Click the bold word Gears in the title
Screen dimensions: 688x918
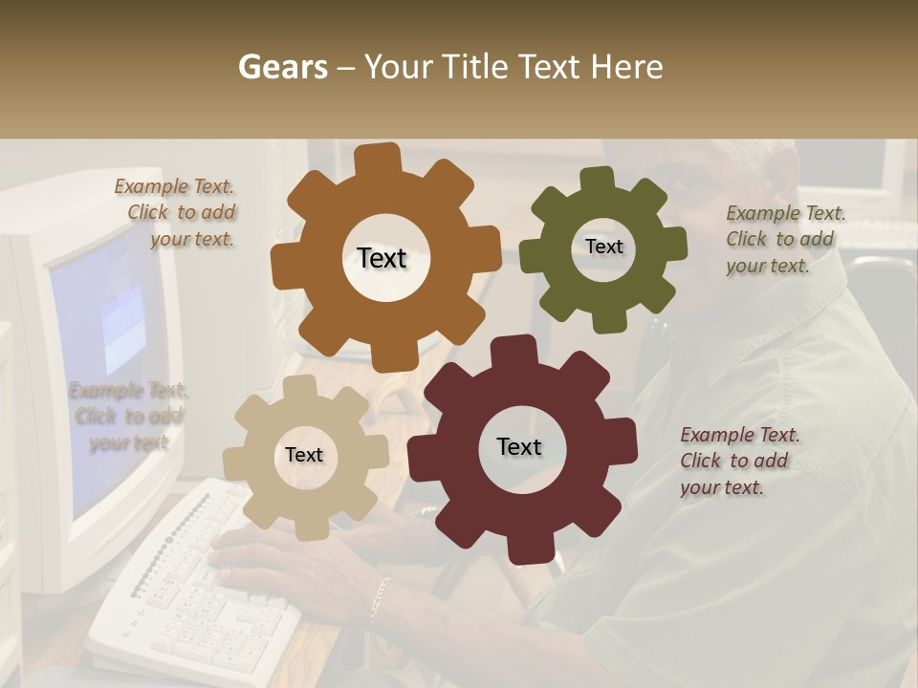282,67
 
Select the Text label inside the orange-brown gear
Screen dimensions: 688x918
382,258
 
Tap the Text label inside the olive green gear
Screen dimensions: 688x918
603,247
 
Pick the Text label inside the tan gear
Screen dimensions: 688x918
304,455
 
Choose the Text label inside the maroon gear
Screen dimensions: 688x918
519,446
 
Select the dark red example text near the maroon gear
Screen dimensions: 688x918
738,461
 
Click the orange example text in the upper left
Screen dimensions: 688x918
178,213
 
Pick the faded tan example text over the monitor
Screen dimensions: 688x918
128,417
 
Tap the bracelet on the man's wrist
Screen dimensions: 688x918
381,598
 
